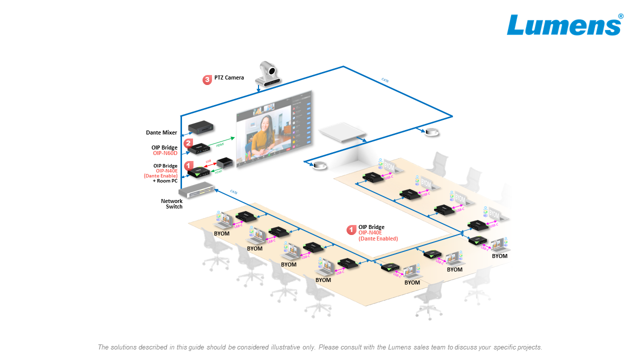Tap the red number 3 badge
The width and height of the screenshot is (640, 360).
[x=207, y=79]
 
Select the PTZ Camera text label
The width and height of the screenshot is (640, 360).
[x=229, y=78]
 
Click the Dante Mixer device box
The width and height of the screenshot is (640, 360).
[x=201, y=127]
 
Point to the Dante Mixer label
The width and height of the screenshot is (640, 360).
[x=161, y=133]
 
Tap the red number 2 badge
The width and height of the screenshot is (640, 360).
[x=188, y=143]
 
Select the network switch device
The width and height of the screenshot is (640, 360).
[x=196, y=190]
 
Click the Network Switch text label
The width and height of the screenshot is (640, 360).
[x=171, y=204]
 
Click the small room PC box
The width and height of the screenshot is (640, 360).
[x=225, y=162]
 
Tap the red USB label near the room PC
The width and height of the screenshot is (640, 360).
[x=208, y=161]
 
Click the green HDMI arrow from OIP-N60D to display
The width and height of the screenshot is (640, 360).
[x=222, y=142]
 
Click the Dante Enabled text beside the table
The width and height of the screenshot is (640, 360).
[x=378, y=239]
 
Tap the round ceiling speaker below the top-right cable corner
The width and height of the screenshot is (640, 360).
[x=431, y=132]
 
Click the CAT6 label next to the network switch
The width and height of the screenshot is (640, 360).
[x=234, y=191]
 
